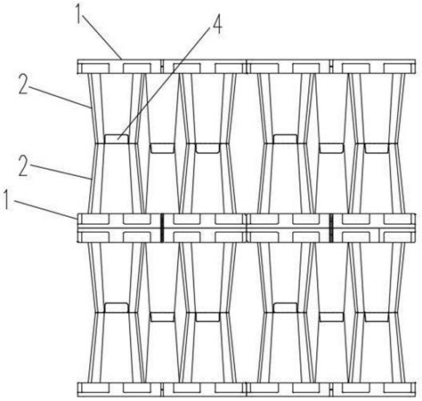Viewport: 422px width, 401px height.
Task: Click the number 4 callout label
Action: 216,24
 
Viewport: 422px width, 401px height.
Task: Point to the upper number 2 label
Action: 23,84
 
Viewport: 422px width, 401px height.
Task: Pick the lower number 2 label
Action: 23,166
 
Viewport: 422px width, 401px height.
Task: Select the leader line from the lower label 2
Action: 60,172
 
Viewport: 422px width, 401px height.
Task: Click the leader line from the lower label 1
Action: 45,209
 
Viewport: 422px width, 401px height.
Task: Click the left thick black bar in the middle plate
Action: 162,228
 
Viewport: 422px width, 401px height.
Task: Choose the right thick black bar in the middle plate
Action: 331,228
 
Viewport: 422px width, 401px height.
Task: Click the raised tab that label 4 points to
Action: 117,139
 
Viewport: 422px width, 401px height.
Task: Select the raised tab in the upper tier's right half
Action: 285,139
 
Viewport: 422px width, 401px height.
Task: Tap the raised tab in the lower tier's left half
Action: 117,308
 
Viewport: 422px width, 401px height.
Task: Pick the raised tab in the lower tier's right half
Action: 285,308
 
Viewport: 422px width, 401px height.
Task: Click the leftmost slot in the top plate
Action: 95,68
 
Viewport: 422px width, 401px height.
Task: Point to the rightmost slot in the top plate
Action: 398,68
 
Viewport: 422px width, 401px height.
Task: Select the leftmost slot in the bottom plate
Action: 95,387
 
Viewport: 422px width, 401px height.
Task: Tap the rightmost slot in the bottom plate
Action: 398,387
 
